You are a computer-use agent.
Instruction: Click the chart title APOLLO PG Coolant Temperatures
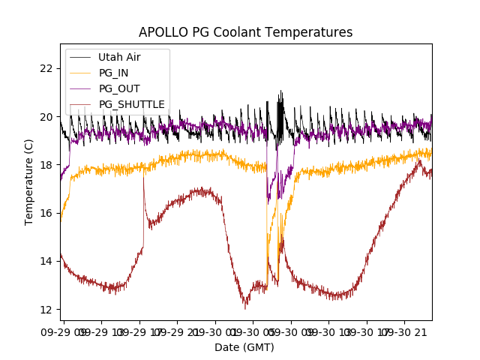click(x=245, y=32)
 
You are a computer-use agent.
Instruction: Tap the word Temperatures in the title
click(x=313, y=32)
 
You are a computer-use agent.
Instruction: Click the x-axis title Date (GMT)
click(x=244, y=347)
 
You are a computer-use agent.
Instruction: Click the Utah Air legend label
click(x=119, y=57)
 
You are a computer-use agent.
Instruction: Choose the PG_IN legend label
click(x=114, y=73)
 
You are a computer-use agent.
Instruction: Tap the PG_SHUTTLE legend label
click(x=132, y=104)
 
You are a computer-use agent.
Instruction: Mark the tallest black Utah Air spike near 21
click(x=281, y=91)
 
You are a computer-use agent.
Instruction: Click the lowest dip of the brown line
click(x=244, y=308)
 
